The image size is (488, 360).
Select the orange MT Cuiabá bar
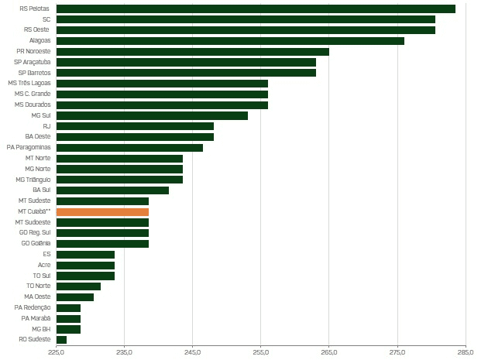click(102, 211)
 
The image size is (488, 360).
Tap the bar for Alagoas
click(230, 40)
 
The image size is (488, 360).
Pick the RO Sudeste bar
click(61, 339)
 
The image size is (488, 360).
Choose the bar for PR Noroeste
click(192, 51)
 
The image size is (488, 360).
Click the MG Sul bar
click(152, 115)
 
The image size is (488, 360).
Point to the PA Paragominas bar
click(129, 147)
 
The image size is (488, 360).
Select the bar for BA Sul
click(112, 190)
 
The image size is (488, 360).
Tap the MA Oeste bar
click(75, 297)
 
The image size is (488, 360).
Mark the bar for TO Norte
click(78, 286)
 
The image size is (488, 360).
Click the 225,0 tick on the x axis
click(57, 353)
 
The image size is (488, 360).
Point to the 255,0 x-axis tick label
click(261, 353)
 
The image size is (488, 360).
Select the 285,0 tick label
click(466, 353)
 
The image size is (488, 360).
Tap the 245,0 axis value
click(193, 353)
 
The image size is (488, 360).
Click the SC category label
click(46, 19)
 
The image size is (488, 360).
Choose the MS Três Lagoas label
click(29, 83)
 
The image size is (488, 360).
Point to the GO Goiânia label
click(36, 243)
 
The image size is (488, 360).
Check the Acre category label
click(44, 265)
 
